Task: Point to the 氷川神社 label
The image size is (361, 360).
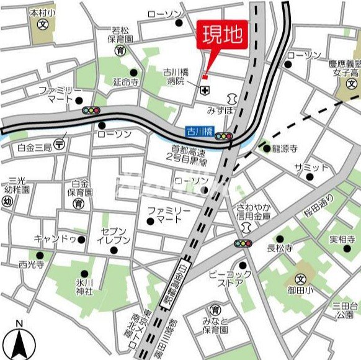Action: tap(84, 287)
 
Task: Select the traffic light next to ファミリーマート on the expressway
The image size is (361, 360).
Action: tap(91, 110)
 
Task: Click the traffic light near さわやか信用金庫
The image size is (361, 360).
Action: tap(243, 244)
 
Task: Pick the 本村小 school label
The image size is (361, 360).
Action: tap(42, 12)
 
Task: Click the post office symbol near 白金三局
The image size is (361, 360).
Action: tap(60, 143)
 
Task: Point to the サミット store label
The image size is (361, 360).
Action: tap(311, 167)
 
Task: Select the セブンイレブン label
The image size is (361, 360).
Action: tap(115, 235)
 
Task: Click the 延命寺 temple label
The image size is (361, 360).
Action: tap(125, 81)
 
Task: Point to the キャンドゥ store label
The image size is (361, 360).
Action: tap(59, 238)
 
